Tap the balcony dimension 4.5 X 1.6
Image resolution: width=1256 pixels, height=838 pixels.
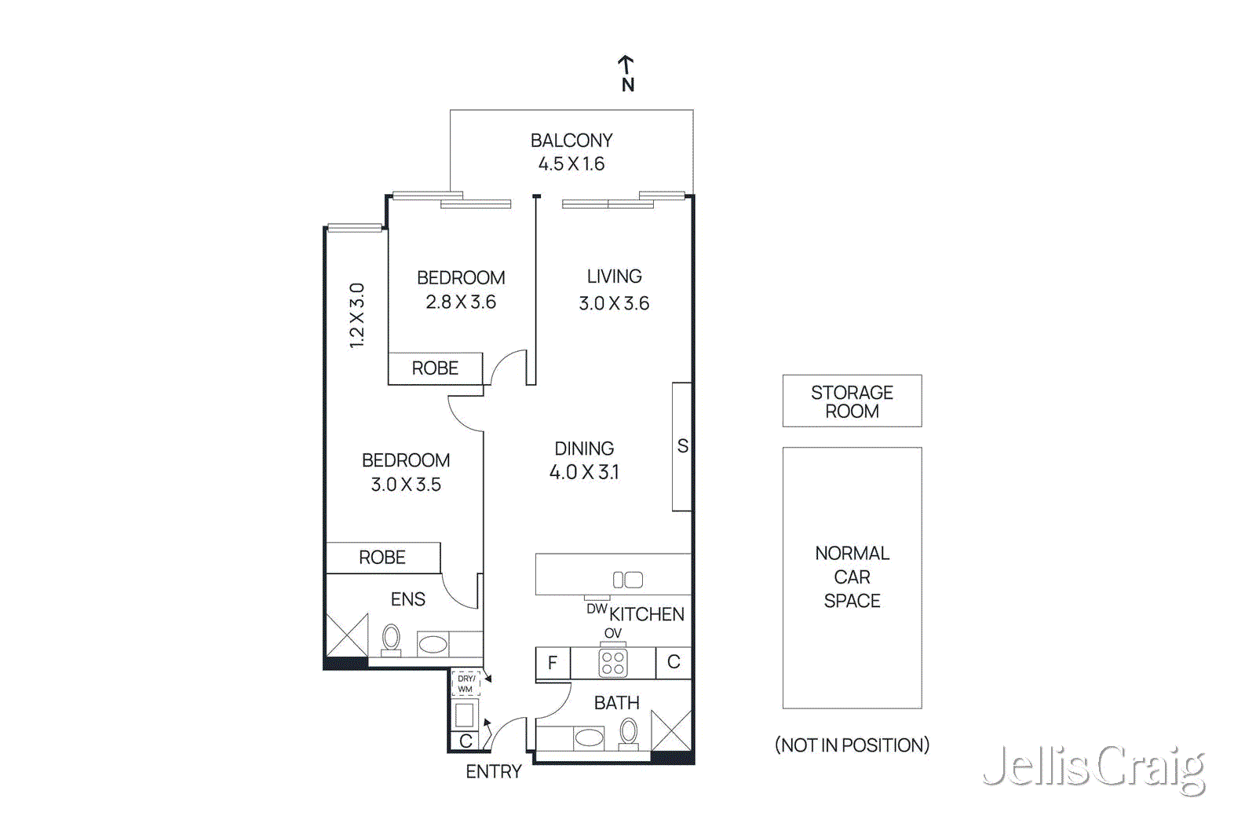coord(571,164)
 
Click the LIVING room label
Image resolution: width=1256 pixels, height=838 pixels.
coord(614,276)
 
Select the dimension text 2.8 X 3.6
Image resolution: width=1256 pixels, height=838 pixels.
coord(461,302)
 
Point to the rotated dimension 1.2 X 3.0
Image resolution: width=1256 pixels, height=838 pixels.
coord(357,315)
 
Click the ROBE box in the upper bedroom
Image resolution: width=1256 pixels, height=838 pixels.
coord(435,368)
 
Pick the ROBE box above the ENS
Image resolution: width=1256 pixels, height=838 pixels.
coord(382,558)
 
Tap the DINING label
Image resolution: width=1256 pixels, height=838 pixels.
coord(584,448)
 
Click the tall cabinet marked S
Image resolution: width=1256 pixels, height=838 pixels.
coord(681,446)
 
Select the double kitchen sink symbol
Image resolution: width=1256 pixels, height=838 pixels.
coord(627,580)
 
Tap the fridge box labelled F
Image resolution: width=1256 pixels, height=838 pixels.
coord(553,663)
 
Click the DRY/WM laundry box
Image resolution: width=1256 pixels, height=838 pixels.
coord(466,683)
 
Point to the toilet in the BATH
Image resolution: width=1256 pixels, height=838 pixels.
coord(628,734)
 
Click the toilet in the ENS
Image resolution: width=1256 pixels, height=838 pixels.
coord(391,639)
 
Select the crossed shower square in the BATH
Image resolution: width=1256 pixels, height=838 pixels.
coord(671,730)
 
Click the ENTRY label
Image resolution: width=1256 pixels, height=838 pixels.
coord(493,772)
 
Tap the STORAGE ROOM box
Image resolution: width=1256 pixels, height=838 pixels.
coord(852,401)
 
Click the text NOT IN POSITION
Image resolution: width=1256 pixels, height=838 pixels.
coord(852,745)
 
